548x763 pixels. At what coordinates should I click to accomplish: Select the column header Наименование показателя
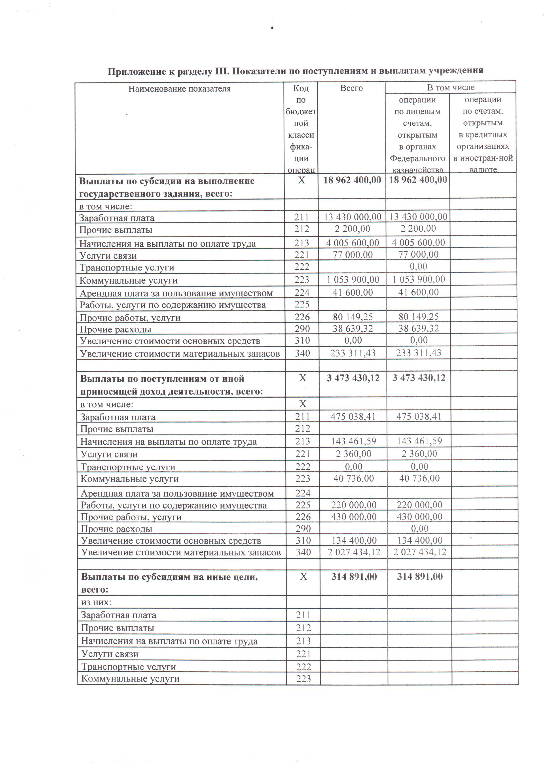[179, 89]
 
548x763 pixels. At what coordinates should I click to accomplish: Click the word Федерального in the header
[417, 159]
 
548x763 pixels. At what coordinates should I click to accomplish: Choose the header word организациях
[483, 146]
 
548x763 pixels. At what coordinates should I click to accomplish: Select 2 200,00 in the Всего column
[352, 229]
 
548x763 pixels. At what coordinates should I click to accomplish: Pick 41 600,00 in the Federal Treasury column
[418, 292]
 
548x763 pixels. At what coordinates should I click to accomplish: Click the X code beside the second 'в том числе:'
[302, 404]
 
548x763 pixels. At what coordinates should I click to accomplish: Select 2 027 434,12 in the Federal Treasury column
[419, 552]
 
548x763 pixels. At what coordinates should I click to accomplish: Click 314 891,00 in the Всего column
[354, 577]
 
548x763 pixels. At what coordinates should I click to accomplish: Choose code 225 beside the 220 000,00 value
[303, 505]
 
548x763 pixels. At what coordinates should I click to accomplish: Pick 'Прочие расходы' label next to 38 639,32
[116, 329]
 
